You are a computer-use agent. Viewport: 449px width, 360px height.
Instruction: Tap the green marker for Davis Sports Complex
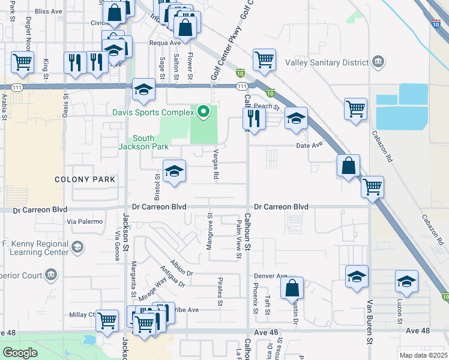[204, 112]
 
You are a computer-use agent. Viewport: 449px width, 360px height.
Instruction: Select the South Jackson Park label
[148, 142]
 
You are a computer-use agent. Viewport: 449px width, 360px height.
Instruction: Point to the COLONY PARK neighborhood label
[80, 179]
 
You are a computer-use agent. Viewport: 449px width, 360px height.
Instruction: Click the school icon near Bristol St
[174, 172]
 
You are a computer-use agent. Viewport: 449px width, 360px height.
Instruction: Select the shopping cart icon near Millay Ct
[107, 320]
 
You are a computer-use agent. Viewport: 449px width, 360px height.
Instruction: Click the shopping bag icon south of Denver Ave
[292, 287]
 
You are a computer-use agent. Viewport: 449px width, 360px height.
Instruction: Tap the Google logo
[20, 353]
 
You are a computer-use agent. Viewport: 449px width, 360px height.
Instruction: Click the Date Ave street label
[309, 145]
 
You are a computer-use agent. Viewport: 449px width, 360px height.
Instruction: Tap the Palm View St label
[239, 239]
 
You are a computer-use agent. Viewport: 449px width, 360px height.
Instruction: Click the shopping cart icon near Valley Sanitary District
[264, 59]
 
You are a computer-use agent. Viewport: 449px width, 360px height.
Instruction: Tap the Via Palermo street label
[85, 221]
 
